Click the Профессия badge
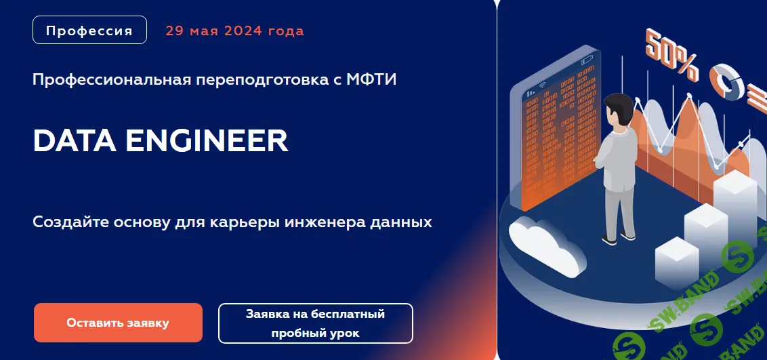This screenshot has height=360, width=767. (x=89, y=31)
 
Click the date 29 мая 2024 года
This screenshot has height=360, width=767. (x=234, y=31)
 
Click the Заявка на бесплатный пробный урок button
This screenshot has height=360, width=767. (x=315, y=323)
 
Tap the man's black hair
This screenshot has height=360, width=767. (x=619, y=105)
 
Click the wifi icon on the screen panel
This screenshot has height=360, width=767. (x=542, y=86)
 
